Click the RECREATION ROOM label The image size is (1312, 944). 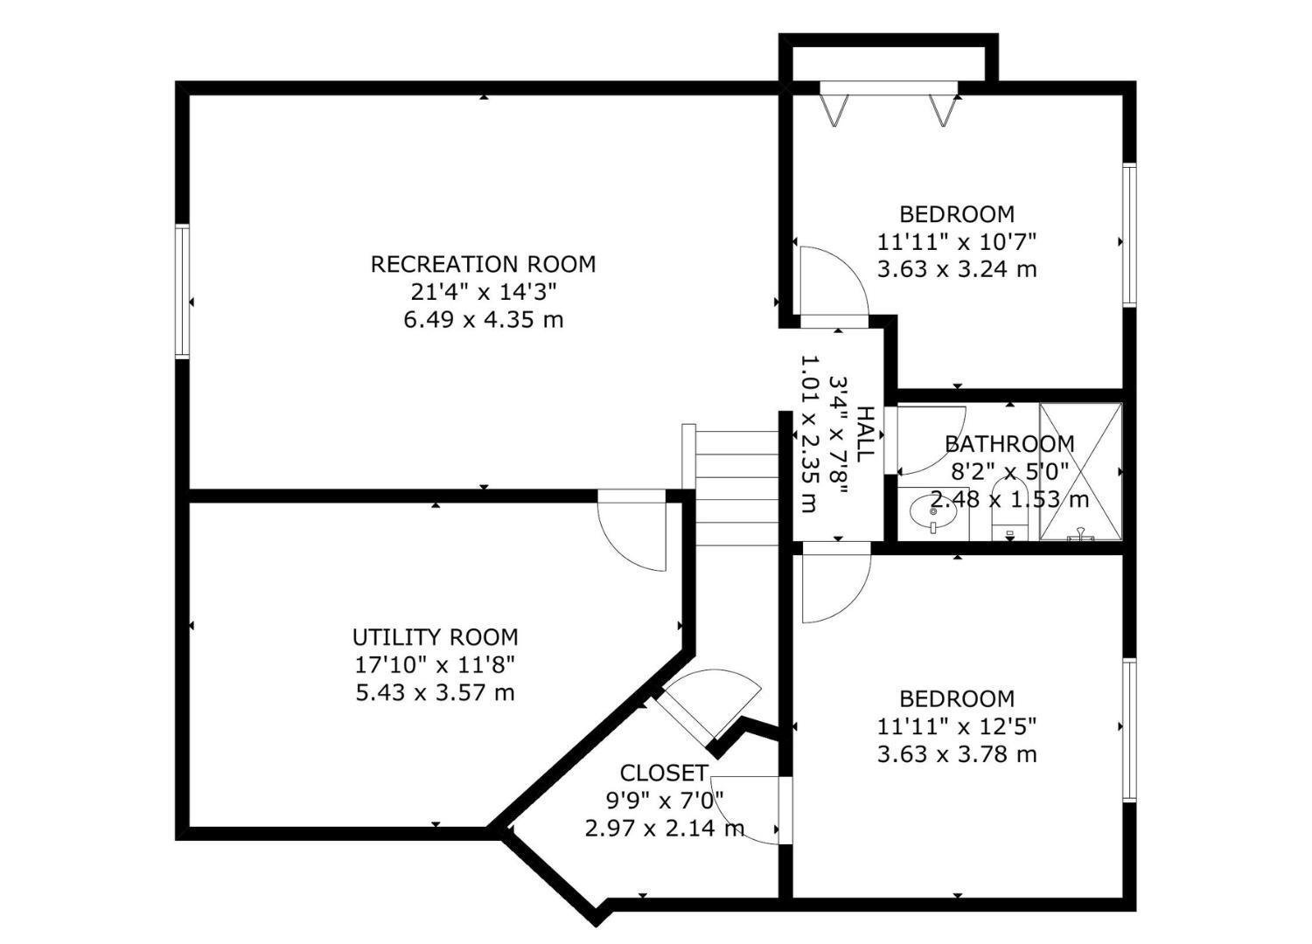(483, 264)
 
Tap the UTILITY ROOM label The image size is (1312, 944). (435, 637)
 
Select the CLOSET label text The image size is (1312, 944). (663, 773)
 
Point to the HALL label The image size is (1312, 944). (864, 434)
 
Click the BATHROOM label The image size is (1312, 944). (1009, 444)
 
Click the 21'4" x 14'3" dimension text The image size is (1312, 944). (483, 292)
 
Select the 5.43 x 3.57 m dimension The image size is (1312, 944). (435, 693)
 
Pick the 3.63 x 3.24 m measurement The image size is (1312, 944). (957, 269)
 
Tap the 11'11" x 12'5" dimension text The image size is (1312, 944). (957, 726)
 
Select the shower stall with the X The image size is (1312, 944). (1080, 472)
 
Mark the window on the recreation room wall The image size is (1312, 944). (183, 291)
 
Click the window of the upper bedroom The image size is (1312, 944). (1129, 235)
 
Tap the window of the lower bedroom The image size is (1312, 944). (1129, 730)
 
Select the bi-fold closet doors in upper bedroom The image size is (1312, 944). (888, 102)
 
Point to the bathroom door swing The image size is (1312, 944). (927, 437)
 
